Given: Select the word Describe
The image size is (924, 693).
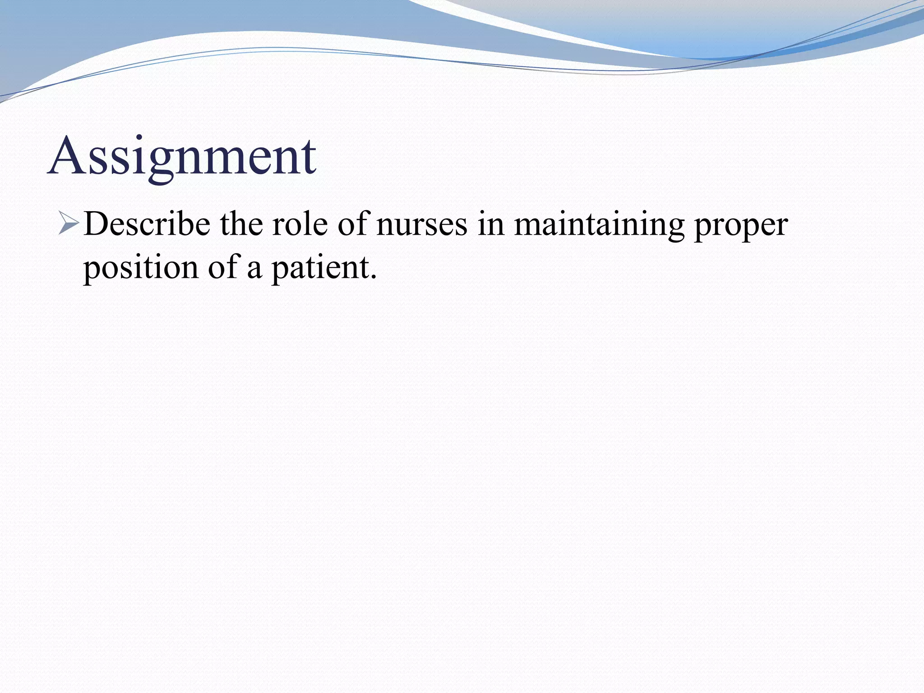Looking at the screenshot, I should pyautogui.click(x=147, y=224).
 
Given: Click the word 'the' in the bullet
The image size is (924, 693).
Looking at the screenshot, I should pyautogui.click(x=241, y=224).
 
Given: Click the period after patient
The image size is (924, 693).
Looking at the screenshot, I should pyautogui.click(x=373, y=277).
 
